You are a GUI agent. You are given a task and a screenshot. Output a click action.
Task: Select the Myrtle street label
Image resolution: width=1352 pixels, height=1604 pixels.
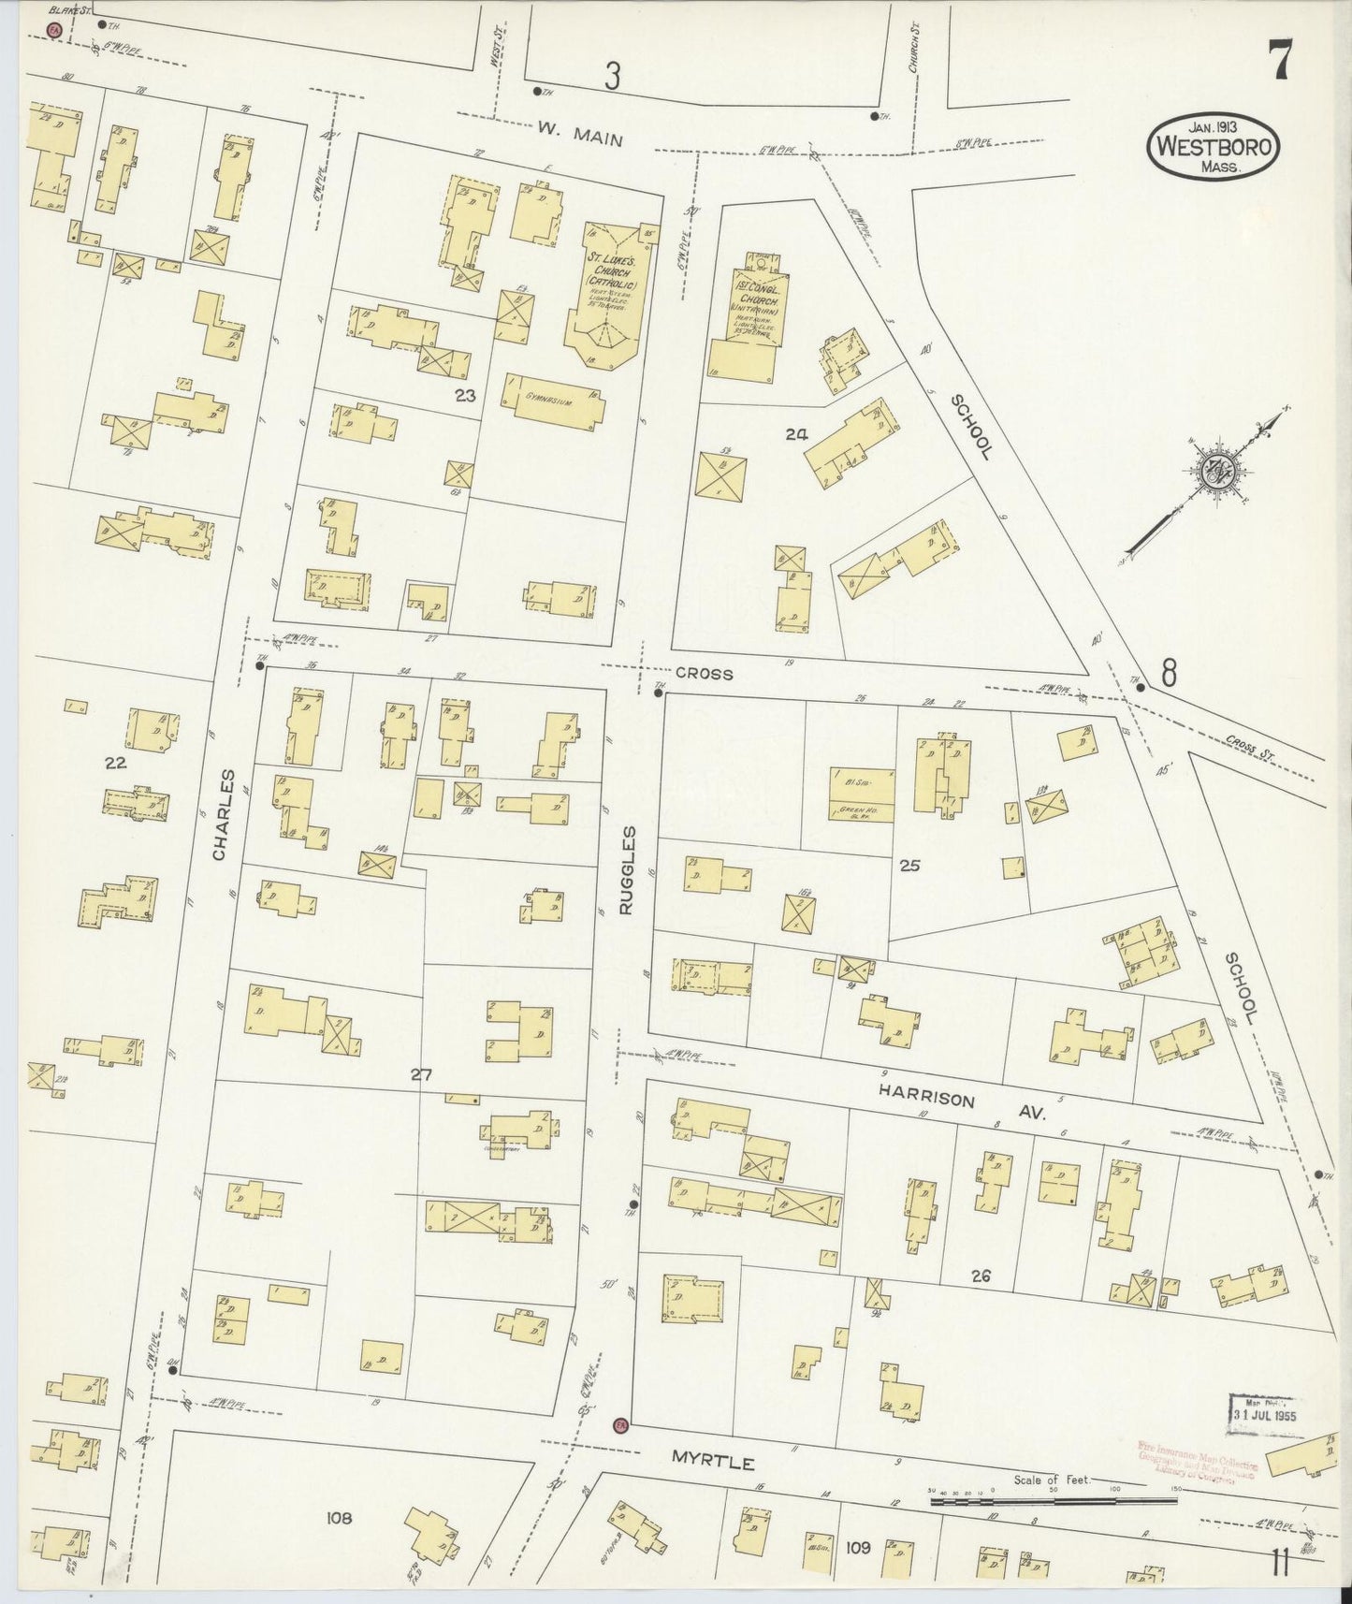pos(713,1460)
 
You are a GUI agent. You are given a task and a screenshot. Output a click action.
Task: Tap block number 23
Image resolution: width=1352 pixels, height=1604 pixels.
pos(465,396)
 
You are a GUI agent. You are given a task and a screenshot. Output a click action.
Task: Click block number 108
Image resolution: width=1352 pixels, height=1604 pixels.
pos(339,1518)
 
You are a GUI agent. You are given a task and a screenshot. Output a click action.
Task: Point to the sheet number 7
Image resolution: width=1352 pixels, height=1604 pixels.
pos(1279,65)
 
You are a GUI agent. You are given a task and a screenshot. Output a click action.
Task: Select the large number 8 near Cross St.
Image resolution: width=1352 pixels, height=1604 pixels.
pos(1168,672)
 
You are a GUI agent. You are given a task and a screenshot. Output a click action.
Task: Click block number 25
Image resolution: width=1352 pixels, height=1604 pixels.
pos(909,866)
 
